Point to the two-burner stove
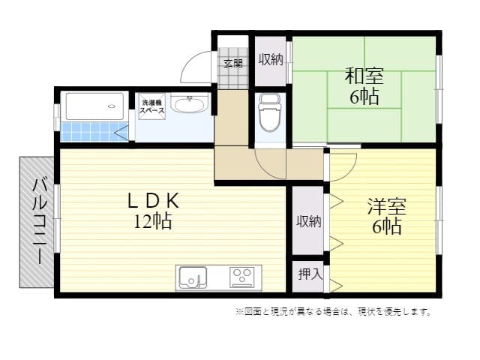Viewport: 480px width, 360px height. coord(242,277)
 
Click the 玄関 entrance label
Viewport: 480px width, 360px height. coord(232,63)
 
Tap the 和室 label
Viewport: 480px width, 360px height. coord(364,76)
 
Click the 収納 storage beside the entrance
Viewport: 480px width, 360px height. coord(271,60)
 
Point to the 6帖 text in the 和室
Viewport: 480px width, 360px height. coord(364,96)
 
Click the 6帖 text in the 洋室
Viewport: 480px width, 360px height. coord(385,226)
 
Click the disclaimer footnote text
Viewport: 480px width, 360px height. coord(333,311)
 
